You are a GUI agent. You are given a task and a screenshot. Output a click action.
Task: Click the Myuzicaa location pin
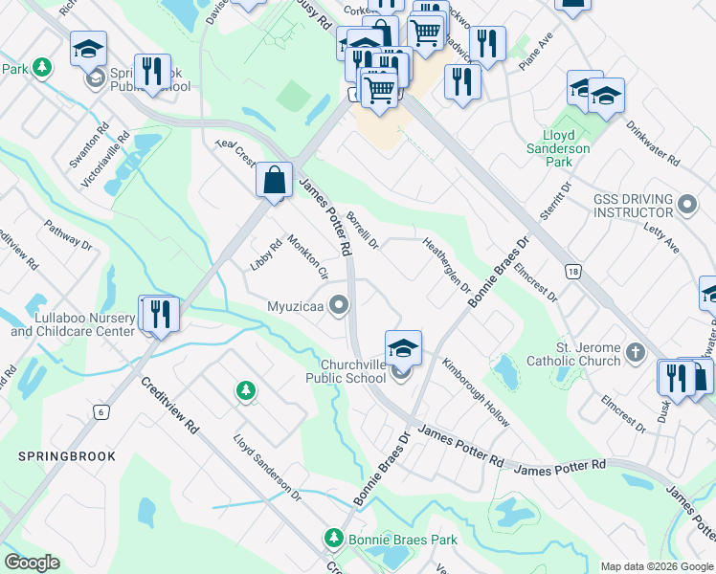pos(338,306)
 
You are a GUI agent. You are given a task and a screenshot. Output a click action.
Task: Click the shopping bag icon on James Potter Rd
pos(275,180)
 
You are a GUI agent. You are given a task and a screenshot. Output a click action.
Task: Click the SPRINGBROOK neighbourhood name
pos(66,456)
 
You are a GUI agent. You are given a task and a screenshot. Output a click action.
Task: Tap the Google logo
pos(32,563)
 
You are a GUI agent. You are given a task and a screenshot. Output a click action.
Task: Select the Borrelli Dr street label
pos(364,231)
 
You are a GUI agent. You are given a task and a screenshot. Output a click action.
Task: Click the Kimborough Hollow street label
pos(476,393)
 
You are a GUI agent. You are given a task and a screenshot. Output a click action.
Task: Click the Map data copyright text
pos(656,566)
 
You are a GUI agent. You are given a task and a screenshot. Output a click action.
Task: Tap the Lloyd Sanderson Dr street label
pos(267,468)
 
